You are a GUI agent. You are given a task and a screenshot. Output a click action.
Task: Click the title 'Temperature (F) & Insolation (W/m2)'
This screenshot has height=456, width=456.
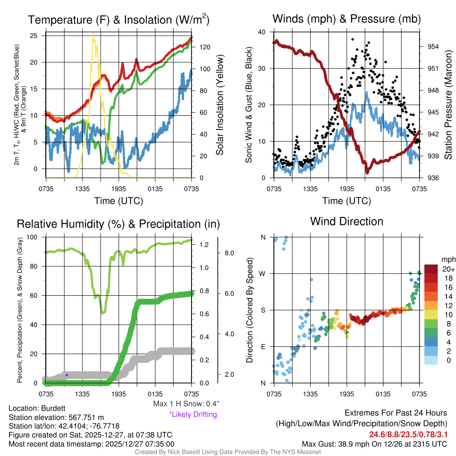click(x=118, y=20)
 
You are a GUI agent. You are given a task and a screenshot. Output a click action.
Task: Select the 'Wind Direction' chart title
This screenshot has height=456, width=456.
click(x=346, y=221)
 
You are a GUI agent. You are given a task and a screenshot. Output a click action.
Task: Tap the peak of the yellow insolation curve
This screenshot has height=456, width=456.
click(x=93, y=34)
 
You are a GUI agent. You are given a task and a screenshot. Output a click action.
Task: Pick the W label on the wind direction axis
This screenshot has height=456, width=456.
click(x=263, y=273)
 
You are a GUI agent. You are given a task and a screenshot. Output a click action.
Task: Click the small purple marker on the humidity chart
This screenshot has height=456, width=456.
click(x=67, y=375)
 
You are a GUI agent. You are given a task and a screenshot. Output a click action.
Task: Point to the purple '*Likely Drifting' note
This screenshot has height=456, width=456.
click(x=193, y=415)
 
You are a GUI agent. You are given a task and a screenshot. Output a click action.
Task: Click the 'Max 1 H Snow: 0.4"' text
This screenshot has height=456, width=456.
click(x=186, y=404)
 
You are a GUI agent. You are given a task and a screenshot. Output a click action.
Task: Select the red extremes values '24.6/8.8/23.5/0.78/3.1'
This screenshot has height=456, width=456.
click(x=407, y=434)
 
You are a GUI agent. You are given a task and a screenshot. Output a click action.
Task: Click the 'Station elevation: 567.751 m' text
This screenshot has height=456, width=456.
click(x=56, y=417)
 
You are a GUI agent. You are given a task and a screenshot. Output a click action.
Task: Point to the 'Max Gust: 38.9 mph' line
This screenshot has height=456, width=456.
click(x=375, y=444)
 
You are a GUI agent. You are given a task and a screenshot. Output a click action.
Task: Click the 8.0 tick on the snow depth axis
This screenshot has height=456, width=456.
click(x=229, y=252)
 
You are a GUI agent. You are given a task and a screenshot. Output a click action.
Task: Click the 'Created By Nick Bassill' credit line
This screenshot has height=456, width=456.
click(x=228, y=452)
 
